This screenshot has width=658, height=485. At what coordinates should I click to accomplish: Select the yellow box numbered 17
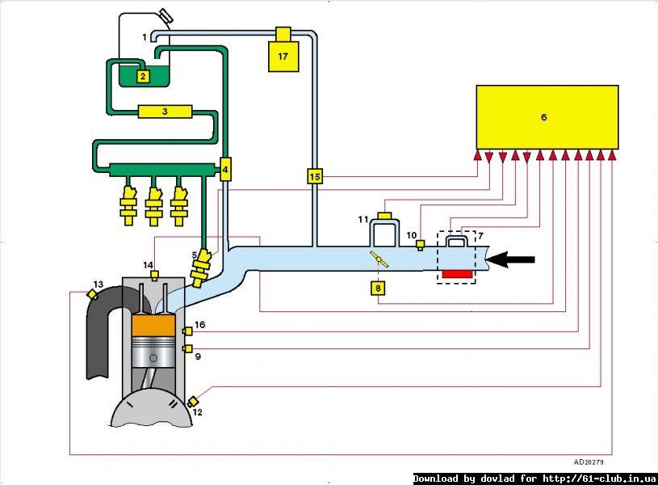click(x=283, y=55)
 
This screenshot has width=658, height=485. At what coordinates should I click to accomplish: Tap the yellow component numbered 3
click(x=165, y=112)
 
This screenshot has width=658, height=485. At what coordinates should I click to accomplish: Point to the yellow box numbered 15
click(x=314, y=176)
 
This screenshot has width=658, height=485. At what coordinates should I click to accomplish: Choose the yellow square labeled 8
click(x=378, y=287)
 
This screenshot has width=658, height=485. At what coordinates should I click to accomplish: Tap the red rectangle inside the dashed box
click(x=456, y=274)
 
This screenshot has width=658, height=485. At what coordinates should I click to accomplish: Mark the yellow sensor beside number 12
click(x=193, y=401)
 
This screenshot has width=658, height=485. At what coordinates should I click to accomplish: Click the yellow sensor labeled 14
click(x=154, y=274)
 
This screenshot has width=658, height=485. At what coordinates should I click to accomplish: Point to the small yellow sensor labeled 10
click(x=420, y=245)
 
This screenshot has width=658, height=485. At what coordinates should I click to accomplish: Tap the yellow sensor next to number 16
click(x=187, y=330)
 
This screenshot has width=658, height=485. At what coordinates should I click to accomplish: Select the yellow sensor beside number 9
click(x=187, y=348)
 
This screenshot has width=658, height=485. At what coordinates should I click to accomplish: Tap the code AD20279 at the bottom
click(x=589, y=462)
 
